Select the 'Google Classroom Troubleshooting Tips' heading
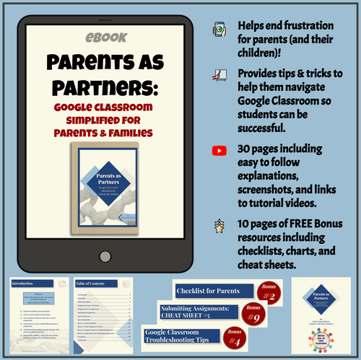click(x=189, y=337)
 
